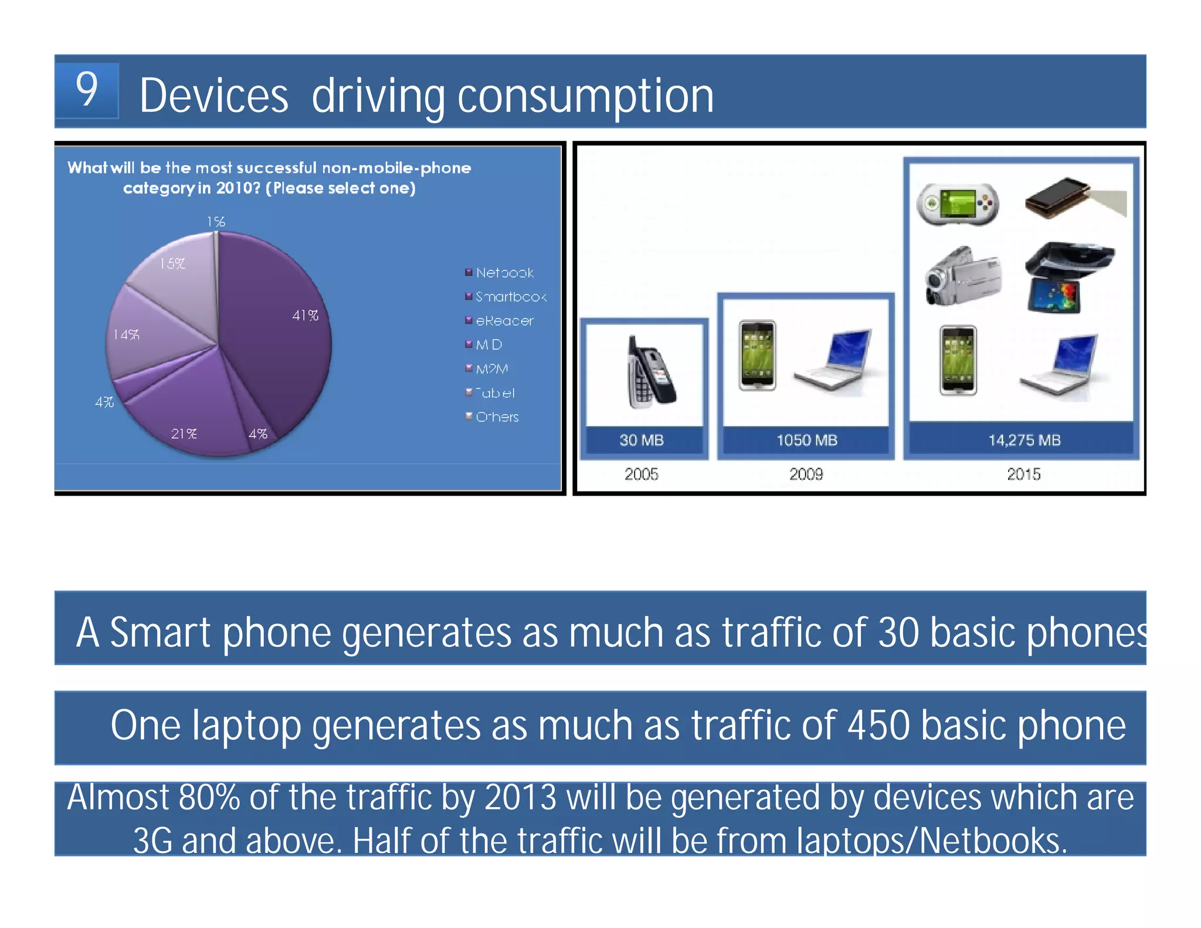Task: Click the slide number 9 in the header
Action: (x=87, y=90)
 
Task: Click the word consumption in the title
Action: (x=585, y=97)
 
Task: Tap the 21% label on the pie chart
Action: (x=184, y=433)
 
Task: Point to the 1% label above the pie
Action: (x=216, y=222)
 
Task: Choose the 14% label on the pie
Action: (x=126, y=334)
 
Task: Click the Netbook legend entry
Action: (x=504, y=273)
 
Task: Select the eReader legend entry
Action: (x=504, y=321)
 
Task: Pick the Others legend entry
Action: (x=497, y=417)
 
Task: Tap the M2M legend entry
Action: (x=491, y=369)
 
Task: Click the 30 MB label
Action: (x=642, y=441)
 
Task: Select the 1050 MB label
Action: (x=806, y=441)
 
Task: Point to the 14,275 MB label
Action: (x=1024, y=441)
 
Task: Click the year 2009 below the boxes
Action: (x=806, y=474)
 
